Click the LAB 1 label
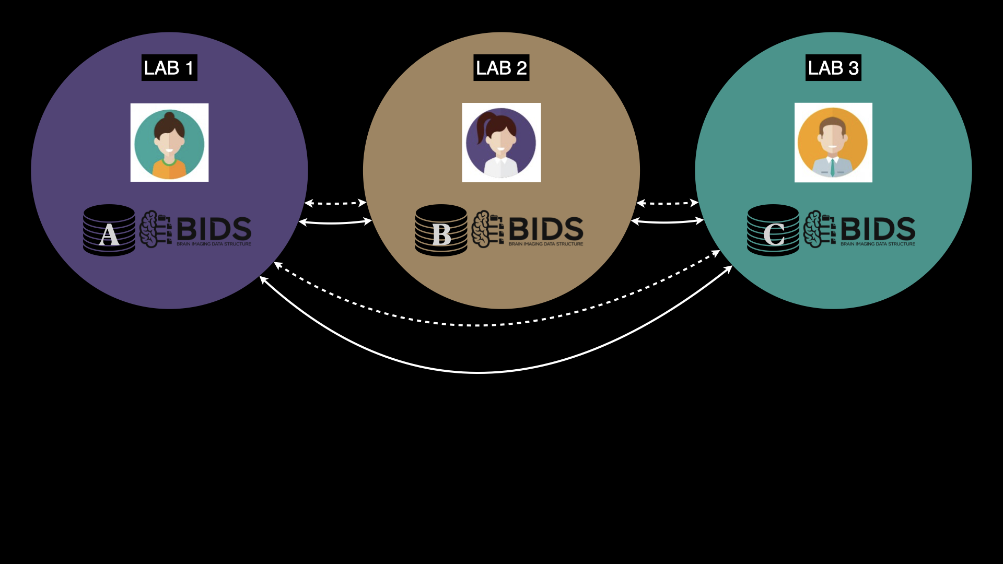coord(169,68)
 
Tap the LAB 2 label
coord(501,68)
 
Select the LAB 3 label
coord(833,68)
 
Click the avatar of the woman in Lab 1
coord(169,143)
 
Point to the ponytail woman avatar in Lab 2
coord(501,143)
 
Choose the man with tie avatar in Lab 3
coord(833,143)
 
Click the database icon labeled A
coord(109,230)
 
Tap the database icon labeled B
coord(441,230)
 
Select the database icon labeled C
coord(773,230)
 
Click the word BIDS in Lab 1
coord(214,229)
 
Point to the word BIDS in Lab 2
coord(546,229)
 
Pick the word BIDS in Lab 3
coord(878,229)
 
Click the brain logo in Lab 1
coord(155,229)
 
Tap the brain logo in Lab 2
coord(487,229)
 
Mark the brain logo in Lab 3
coord(819,229)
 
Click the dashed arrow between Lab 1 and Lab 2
coord(335,203)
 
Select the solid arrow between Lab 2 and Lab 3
coord(667,222)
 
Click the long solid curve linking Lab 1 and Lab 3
coord(478,372)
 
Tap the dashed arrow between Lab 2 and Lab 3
coord(667,203)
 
